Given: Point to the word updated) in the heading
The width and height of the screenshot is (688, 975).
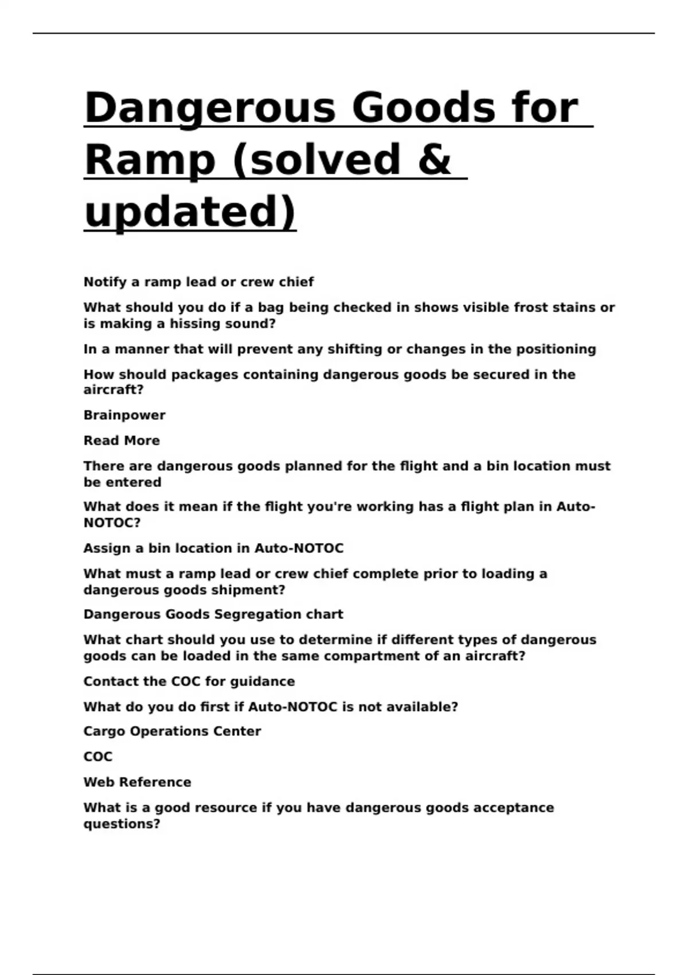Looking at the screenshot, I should coord(190,212).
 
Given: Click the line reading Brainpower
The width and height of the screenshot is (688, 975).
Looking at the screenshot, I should coord(124,415).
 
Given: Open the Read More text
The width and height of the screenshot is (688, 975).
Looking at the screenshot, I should coord(122,440).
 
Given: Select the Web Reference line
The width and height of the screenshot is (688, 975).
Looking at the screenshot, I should coord(137,782).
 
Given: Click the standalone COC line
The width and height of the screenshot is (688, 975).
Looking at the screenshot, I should coord(98,757).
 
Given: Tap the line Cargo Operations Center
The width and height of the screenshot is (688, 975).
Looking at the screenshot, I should coord(172,731).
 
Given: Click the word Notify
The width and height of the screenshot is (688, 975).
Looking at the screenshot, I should coord(105,282).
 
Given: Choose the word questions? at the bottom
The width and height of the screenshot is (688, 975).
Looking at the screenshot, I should coord(122,824).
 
